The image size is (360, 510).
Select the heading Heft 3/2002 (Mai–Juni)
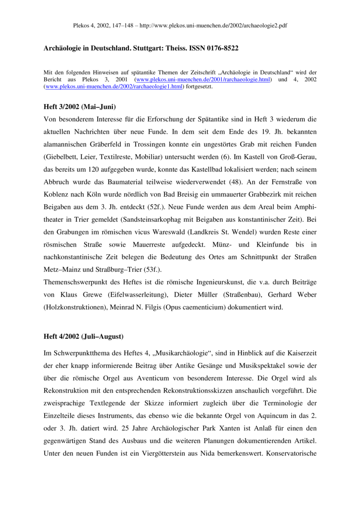point(80,107)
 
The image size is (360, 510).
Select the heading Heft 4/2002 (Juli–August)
point(83,336)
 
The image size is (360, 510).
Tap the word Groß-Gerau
point(298,157)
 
